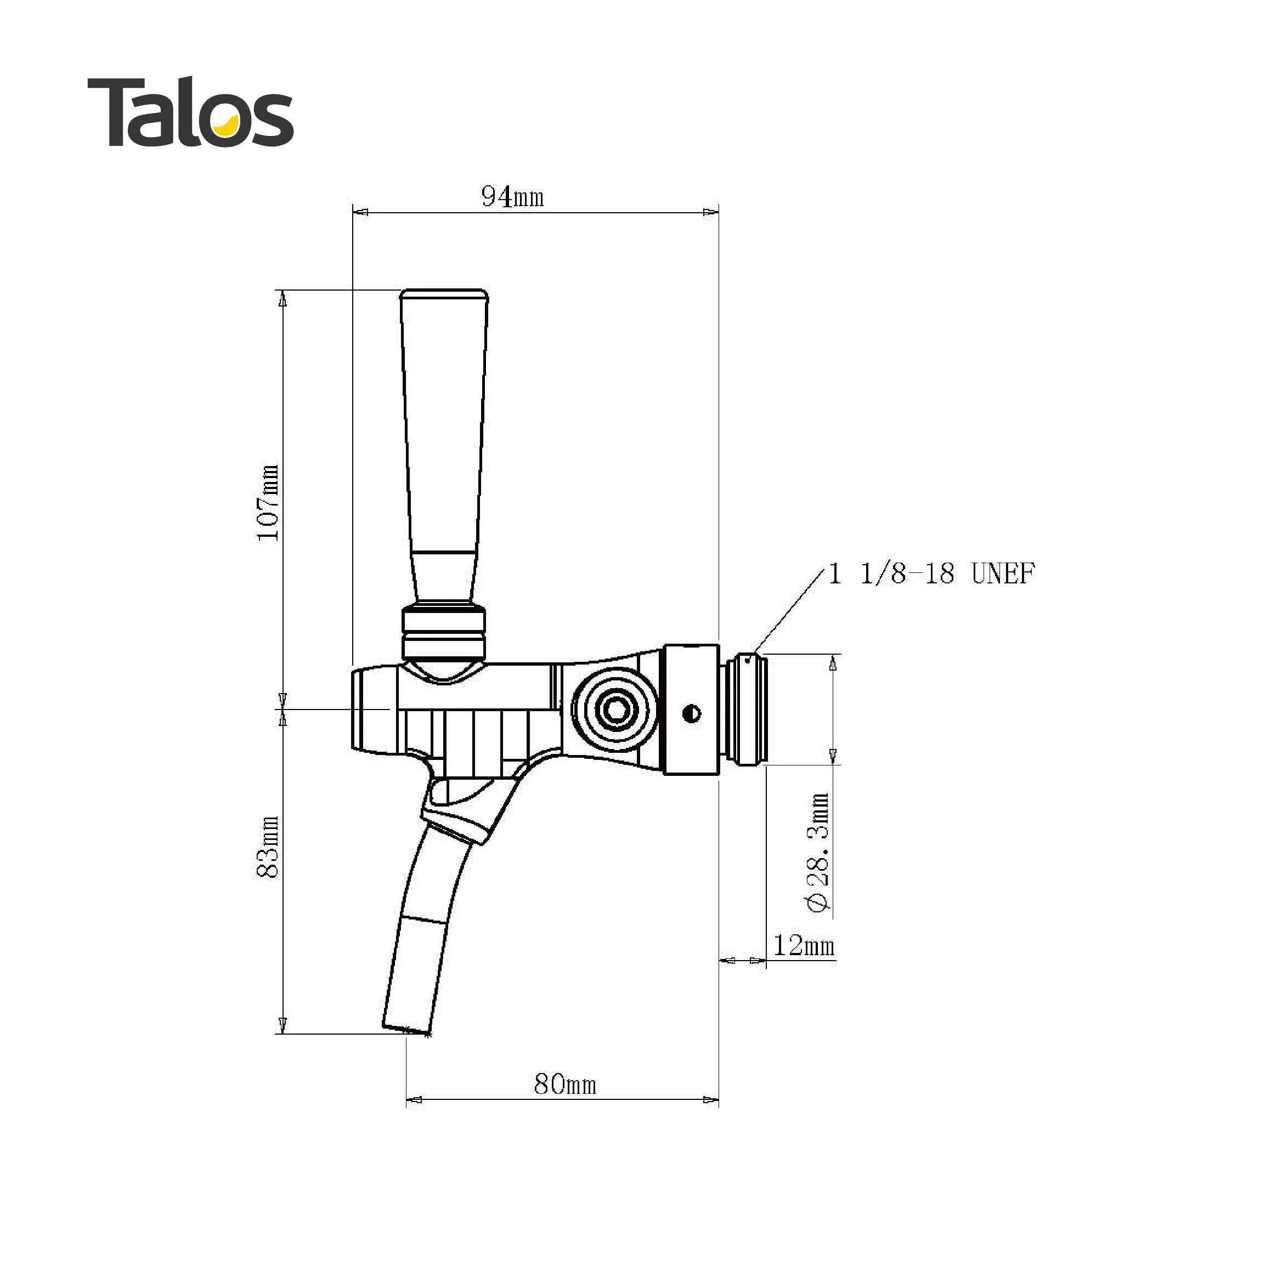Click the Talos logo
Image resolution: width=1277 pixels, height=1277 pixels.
point(190,112)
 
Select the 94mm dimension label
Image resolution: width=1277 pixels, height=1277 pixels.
point(512,197)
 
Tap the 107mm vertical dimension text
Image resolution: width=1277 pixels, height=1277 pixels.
point(268,503)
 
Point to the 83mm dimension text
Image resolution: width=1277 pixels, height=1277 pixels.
point(268,847)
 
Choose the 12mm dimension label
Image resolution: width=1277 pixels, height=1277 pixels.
point(804,946)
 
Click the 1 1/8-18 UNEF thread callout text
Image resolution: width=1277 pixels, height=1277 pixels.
point(931,574)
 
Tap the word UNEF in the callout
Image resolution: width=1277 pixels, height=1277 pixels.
point(1003,574)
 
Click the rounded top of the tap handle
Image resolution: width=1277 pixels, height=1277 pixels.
point(444,293)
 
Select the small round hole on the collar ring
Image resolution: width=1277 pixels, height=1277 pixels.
point(692,713)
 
